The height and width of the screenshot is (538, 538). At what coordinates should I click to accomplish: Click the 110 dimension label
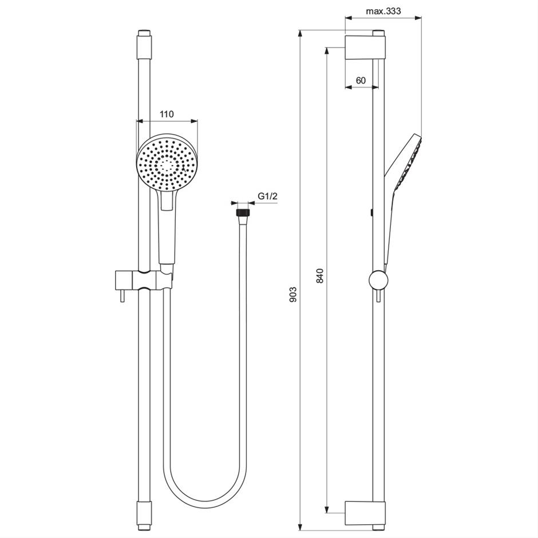167,114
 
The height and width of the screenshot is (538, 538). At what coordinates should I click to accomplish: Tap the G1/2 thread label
268,196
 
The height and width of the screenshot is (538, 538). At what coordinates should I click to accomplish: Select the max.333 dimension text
383,11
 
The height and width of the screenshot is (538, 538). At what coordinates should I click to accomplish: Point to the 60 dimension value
361,81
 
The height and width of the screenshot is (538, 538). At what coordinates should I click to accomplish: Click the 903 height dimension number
292,294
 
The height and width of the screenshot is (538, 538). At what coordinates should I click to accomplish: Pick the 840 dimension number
320,275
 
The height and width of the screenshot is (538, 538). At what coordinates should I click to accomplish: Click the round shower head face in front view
168,163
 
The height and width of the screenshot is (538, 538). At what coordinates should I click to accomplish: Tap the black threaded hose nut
242,212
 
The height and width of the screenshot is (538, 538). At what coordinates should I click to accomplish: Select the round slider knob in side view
378,280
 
